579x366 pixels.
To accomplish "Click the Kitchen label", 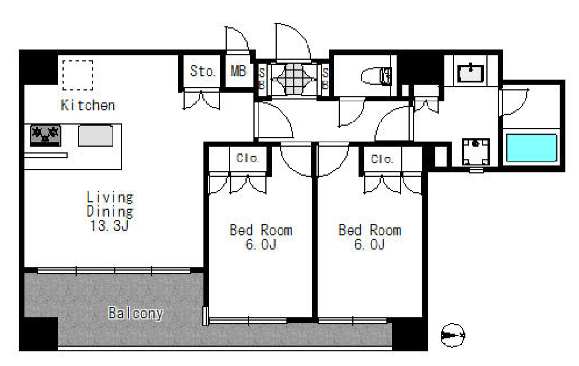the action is (88, 105).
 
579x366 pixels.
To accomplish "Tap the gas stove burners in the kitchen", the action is (45, 135).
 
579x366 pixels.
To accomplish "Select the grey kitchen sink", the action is (95, 135).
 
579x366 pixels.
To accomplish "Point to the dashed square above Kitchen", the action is (77, 76).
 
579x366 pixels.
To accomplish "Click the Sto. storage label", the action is (202, 71).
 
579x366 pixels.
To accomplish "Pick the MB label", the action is (238, 71).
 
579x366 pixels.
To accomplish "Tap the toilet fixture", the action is (376, 77).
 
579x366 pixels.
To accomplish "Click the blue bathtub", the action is (531, 148).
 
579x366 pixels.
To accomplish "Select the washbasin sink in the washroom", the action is (470, 73).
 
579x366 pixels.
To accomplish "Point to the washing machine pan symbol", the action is (476, 152).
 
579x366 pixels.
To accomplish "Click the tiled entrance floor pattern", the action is (294, 79).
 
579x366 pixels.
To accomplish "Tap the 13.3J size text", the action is (109, 225).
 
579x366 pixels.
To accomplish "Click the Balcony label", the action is (136, 314).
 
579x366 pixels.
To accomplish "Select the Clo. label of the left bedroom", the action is (247, 158).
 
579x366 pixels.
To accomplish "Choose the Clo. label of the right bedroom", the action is (382, 159).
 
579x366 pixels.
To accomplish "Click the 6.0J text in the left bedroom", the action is (261, 244).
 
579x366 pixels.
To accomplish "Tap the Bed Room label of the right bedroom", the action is (370, 230).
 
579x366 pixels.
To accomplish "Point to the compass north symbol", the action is (453, 335).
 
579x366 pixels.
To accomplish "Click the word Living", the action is (110, 197).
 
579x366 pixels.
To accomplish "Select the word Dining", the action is (110, 211).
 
